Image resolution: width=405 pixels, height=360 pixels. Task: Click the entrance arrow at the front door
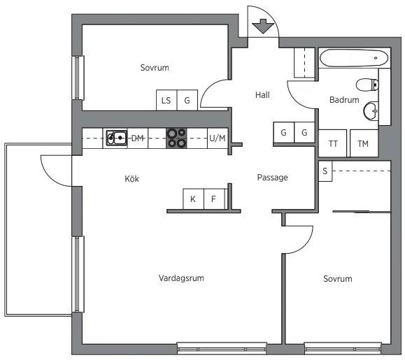[263, 26]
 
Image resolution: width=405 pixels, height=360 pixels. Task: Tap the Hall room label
[262, 95]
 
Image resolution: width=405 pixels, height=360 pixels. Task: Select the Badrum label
[344, 100]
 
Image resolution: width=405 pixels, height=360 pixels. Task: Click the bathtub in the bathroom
[354, 58]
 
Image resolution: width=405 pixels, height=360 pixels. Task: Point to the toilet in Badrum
[367, 85]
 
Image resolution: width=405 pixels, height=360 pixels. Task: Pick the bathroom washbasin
[371, 111]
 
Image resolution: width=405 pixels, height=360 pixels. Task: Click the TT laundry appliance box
[333, 143]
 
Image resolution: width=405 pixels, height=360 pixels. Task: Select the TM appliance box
[364, 143]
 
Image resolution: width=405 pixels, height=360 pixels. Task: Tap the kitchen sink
[117, 138]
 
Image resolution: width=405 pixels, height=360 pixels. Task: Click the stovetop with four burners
[176, 138]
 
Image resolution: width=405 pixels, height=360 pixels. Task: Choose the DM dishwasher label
[137, 138]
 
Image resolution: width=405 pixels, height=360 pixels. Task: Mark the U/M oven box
[218, 138]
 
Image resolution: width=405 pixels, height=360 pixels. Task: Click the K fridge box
[193, 199]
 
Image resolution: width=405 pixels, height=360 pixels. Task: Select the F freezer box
[214, 199]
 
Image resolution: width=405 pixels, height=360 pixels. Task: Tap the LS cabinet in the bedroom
[166, 100]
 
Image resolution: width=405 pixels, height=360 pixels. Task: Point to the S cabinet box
[325, 171]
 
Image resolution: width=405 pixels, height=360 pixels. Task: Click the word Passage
[273, 178]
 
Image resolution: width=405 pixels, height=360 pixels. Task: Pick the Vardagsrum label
[181, 278]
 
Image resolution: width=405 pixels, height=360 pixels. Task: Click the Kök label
[132, 178]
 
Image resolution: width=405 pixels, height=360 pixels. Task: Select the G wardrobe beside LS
[187, 100]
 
